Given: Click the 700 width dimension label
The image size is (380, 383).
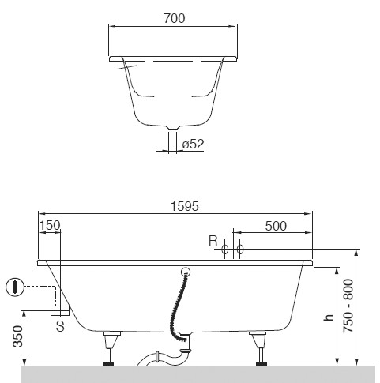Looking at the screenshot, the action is [175, 18].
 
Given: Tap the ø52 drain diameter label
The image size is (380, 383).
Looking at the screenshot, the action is [193, 144].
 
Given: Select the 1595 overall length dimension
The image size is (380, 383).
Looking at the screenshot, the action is [185, 206].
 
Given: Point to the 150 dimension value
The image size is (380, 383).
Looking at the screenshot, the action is [50, 225].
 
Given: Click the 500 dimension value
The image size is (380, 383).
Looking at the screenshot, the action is [276, 226].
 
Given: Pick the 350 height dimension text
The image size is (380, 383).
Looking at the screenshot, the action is [18, 336].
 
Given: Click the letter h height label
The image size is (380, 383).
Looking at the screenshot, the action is [329, 317].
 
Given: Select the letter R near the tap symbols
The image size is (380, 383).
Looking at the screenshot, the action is [213, 241].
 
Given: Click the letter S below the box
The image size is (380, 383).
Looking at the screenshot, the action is [60, 326].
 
